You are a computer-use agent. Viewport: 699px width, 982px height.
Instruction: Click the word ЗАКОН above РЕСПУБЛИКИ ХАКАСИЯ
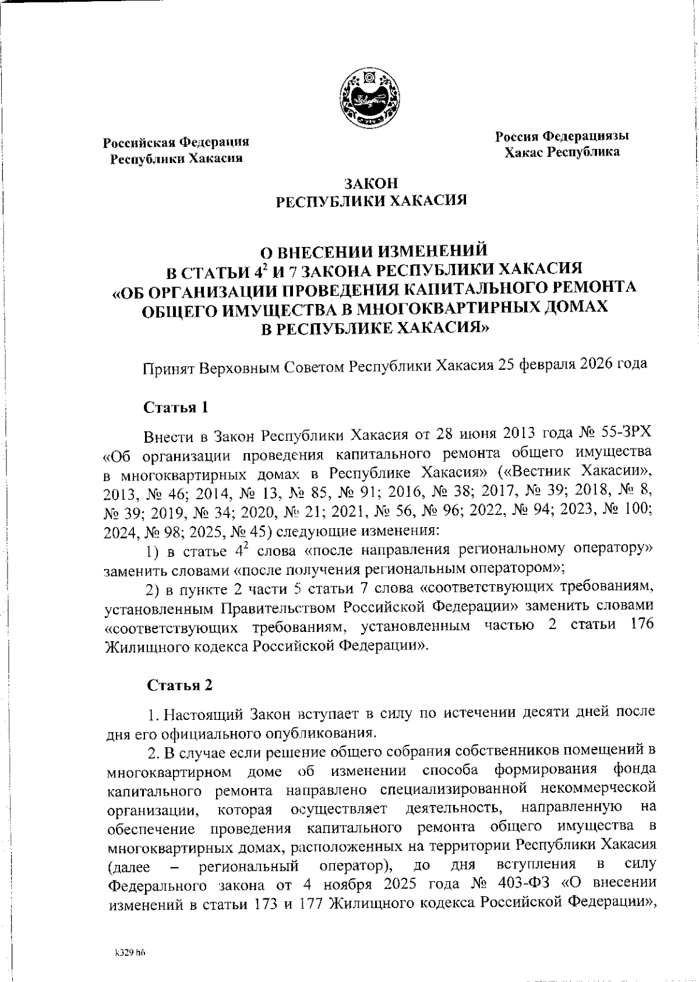(371, 184)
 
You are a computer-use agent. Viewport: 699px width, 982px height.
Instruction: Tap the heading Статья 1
(176, 407)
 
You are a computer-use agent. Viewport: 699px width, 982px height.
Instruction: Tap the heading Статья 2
(179, 686)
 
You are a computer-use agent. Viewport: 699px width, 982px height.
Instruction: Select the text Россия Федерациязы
(562, 137)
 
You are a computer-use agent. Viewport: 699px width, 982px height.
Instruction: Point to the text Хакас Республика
(562, 153)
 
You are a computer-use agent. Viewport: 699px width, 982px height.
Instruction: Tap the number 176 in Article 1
(642, 624)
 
